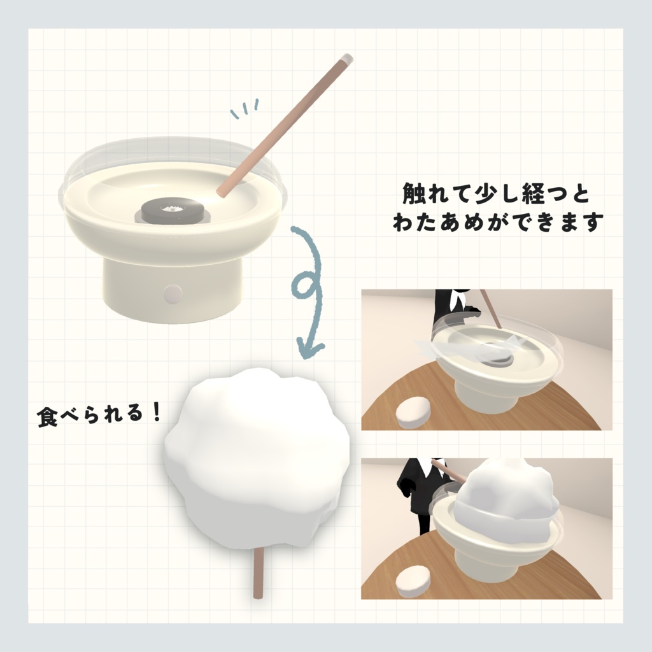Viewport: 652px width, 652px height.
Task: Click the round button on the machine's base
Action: [x=173, y=294]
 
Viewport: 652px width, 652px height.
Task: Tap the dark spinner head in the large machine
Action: [x=171, y=211]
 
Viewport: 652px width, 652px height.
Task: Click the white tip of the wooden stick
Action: [x=346, y=60]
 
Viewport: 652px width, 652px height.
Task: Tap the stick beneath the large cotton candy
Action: [x=258, y=573]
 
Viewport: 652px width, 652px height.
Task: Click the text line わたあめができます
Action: [x=498, y=223]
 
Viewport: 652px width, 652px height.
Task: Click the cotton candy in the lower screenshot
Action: [x=506, y=493]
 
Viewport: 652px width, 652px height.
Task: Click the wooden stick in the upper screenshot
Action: [x=492, y=310]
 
